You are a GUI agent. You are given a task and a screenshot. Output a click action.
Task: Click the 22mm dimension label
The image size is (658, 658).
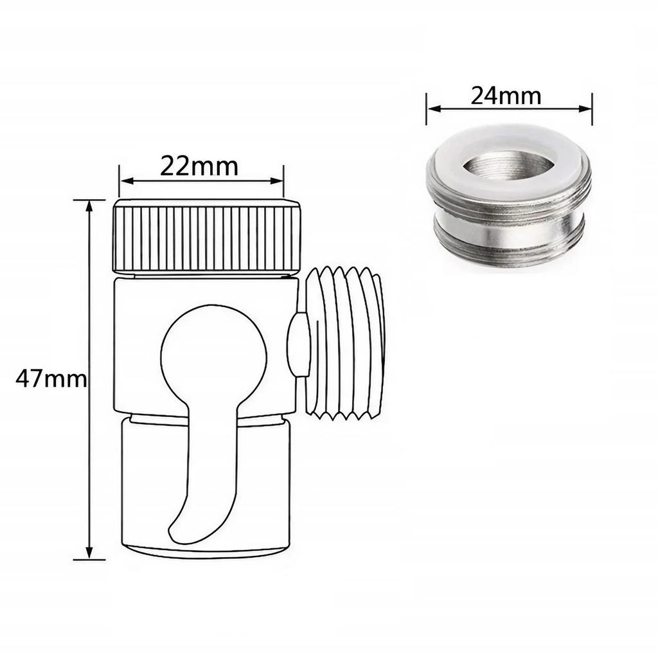[199, 166]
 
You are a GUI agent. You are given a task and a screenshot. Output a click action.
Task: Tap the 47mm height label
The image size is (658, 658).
[50, 379]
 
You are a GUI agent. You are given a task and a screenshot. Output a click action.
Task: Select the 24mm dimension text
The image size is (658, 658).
[506, 96]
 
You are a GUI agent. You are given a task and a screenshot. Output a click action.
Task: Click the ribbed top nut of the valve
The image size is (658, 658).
[208, 238]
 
